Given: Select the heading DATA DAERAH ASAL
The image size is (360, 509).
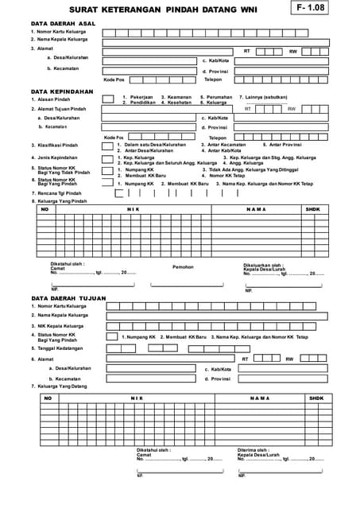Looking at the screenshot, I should [x=63, y=24].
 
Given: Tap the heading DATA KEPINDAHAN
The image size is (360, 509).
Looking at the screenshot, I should [x=61, y=91].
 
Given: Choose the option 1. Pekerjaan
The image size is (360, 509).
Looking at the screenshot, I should [x=137, y=97].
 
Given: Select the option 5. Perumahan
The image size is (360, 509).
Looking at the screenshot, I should [x=215, y=97].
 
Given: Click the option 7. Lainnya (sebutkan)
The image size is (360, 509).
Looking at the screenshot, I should [x=265, y=97].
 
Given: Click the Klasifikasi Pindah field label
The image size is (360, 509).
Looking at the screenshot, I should [x=58, y=146].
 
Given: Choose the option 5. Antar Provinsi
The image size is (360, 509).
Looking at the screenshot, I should [x=283, y=145].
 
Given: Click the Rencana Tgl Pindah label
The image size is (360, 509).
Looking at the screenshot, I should [x=60, y=192].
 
